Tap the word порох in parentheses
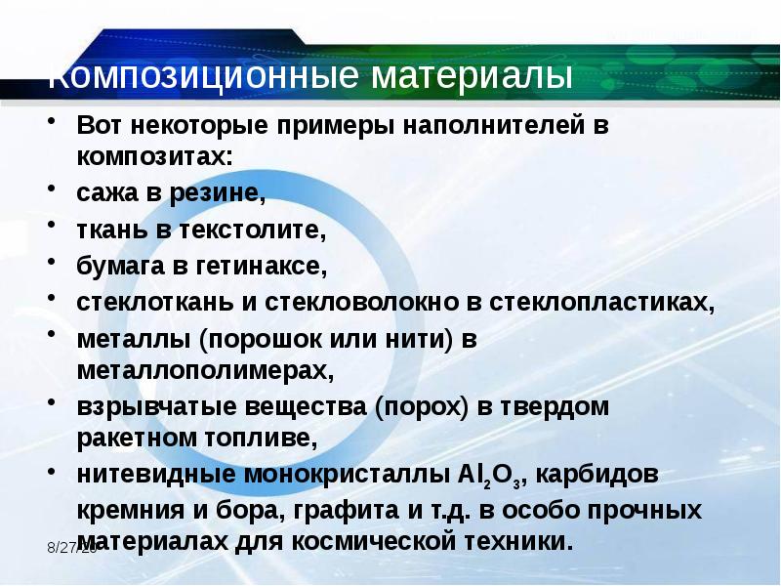coord(420,406)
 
